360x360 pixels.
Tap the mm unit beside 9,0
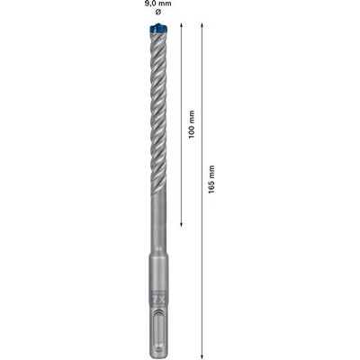pos(165,4)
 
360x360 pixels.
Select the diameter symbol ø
pos(158,12)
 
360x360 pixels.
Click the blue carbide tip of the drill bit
pos(158,28)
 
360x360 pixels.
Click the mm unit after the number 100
pos(192,117)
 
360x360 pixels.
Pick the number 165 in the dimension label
pos(211,186)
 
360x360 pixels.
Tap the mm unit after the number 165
pos(211,172)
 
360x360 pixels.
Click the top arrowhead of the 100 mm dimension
pos(181,25)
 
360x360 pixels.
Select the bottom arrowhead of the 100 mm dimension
pos(181,224)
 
